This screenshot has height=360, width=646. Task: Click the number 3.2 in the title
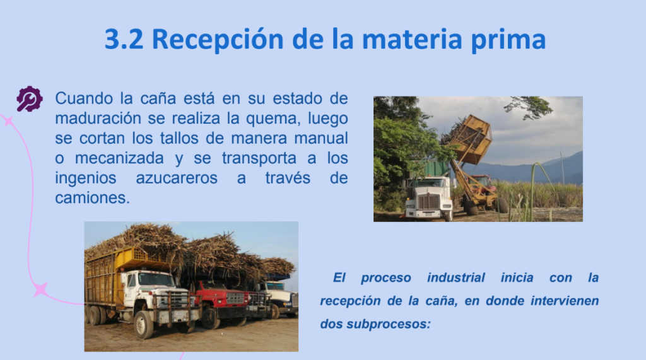point(124,39)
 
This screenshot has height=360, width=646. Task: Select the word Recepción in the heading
point(218,40)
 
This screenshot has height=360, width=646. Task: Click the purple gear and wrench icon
point(29,99)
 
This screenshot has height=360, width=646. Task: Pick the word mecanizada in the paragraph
point(119,158)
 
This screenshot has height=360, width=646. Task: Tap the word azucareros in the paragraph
point(177,178)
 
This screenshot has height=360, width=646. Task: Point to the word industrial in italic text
point(455,277)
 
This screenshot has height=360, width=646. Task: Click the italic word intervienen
point(565,301)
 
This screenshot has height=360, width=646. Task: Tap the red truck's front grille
point(235,298)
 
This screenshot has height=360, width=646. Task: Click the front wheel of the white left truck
point(144,325)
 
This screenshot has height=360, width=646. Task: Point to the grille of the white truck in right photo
point(428,201)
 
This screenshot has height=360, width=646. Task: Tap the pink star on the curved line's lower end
point(41,289)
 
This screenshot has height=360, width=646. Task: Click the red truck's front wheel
point(210,318)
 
